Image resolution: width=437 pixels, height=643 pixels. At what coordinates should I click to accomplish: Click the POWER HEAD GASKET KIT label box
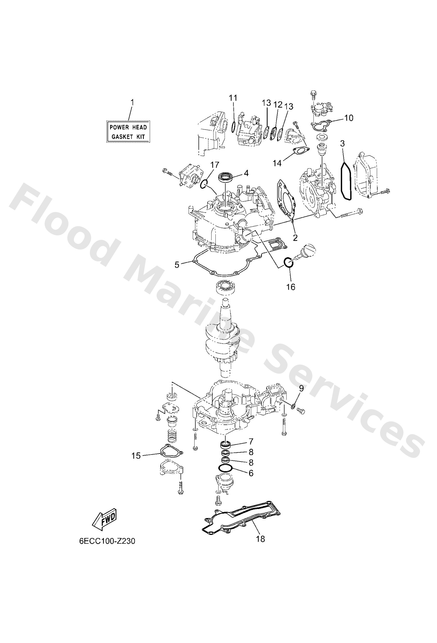(x=128, y=132)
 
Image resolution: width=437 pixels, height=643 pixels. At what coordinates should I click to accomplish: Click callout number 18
(x=261, y=539)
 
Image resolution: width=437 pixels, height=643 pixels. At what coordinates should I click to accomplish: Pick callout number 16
(x=291, y=287)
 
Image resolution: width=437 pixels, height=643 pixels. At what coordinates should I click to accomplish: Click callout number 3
(x=343, y=144)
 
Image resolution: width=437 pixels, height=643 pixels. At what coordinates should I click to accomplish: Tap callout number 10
(x=349, y=118)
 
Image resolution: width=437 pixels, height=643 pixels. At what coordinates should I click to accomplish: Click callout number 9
(x=301, y=388)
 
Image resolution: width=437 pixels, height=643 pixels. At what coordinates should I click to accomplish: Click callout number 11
(x=233, y=98)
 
